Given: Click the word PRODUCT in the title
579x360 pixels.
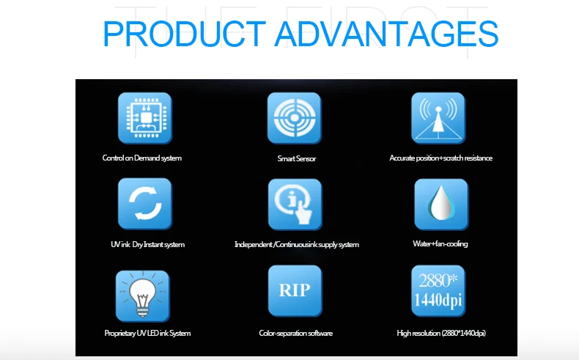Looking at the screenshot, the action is click(x=184, y=34).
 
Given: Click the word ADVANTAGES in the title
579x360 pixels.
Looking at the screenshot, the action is click(x=386, y=34).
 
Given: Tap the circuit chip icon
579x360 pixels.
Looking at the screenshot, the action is click(x=145, y=118).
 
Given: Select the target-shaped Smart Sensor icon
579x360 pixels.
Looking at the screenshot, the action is click(x=295, y=118).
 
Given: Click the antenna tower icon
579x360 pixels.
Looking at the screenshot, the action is click(x=438, y=118).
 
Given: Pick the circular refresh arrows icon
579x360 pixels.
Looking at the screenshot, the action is click(x=145, y=204).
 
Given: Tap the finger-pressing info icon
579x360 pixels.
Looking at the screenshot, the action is click(x=295, y=205).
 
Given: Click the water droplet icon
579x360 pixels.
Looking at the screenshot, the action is click(x=441, y=205).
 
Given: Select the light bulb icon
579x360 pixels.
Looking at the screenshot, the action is click(x=143, y=296).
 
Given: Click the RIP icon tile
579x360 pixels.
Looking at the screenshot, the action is click(x=295, y=291).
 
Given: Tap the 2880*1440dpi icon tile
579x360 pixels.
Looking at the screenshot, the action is click(x=438, y=291).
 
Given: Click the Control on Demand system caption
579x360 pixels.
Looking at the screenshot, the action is click(x=141, y=158).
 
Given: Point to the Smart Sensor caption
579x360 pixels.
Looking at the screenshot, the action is click(x=297, y=159).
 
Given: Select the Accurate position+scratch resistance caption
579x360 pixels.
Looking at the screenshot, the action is click(x=441, y=158).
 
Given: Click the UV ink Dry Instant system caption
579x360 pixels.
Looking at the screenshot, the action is click(x=148, y=244).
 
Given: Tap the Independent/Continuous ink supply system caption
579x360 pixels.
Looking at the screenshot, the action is click(x=297, y=244).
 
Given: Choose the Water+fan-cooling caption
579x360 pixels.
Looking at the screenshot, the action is click(x=440, y=243).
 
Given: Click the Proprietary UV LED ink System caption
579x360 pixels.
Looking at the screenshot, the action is click(x=147, y=333).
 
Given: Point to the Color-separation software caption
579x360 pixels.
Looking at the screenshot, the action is click(x=296, y=333).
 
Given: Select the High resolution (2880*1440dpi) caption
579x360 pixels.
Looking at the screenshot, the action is click(x=441, y=333).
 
